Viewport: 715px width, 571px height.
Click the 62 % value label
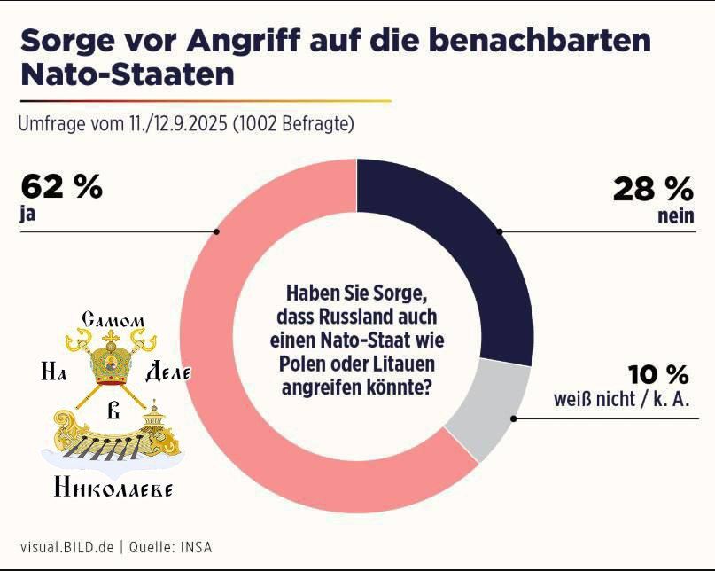[x=61, y=188]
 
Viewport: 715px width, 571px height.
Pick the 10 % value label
[x=659, y=374]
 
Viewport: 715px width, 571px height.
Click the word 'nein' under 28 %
[x=676, y=216]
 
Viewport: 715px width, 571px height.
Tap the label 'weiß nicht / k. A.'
[x=621, y=401]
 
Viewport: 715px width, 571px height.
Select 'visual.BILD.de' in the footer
[x=66, y=546]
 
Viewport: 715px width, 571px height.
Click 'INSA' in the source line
[x=197, y=546]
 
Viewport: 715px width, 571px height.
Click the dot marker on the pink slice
[x=217, y=231]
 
